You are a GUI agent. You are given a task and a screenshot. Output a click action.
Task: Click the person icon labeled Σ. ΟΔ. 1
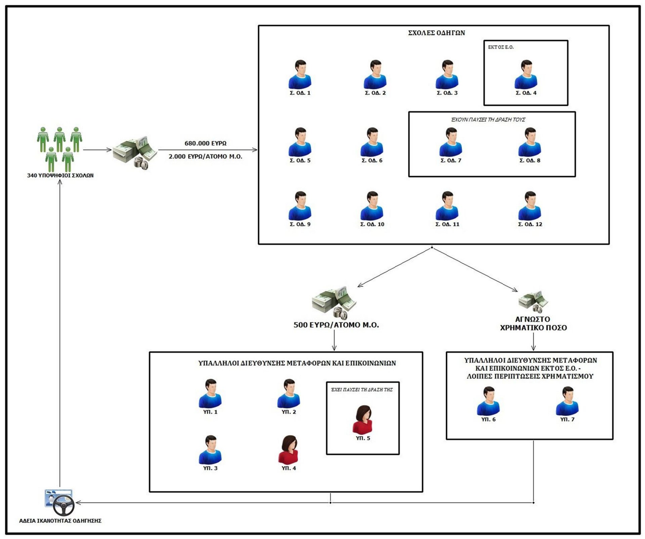pos(300,75)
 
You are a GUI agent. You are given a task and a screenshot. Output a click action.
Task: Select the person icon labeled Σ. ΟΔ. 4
pos(526,75)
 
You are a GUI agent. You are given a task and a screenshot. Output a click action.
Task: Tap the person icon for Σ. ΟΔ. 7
pos(451,142)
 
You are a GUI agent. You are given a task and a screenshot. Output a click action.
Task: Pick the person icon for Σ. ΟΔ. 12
pos(530,206)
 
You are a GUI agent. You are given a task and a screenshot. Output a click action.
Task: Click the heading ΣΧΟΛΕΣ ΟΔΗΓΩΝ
pos(436,33)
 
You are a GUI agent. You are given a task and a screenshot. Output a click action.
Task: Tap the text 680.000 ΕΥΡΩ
pos(205,143)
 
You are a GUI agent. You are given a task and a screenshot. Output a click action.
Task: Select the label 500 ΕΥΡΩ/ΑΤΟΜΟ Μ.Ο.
pos(336,325)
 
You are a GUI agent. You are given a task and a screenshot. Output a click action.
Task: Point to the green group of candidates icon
pos(59,149)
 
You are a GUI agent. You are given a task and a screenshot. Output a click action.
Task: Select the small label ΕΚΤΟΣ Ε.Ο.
pos(501,47)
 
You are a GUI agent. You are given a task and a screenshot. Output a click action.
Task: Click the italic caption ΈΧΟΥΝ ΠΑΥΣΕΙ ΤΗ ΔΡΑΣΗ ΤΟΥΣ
pos(488,120)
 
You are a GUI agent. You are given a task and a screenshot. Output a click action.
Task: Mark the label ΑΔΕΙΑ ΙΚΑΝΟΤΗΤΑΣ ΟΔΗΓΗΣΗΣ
pos(60,521)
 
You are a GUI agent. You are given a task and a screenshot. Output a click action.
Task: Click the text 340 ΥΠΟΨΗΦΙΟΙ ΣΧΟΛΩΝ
pos(60,176)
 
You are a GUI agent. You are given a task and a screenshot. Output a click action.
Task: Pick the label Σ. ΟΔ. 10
pos(372,224)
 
